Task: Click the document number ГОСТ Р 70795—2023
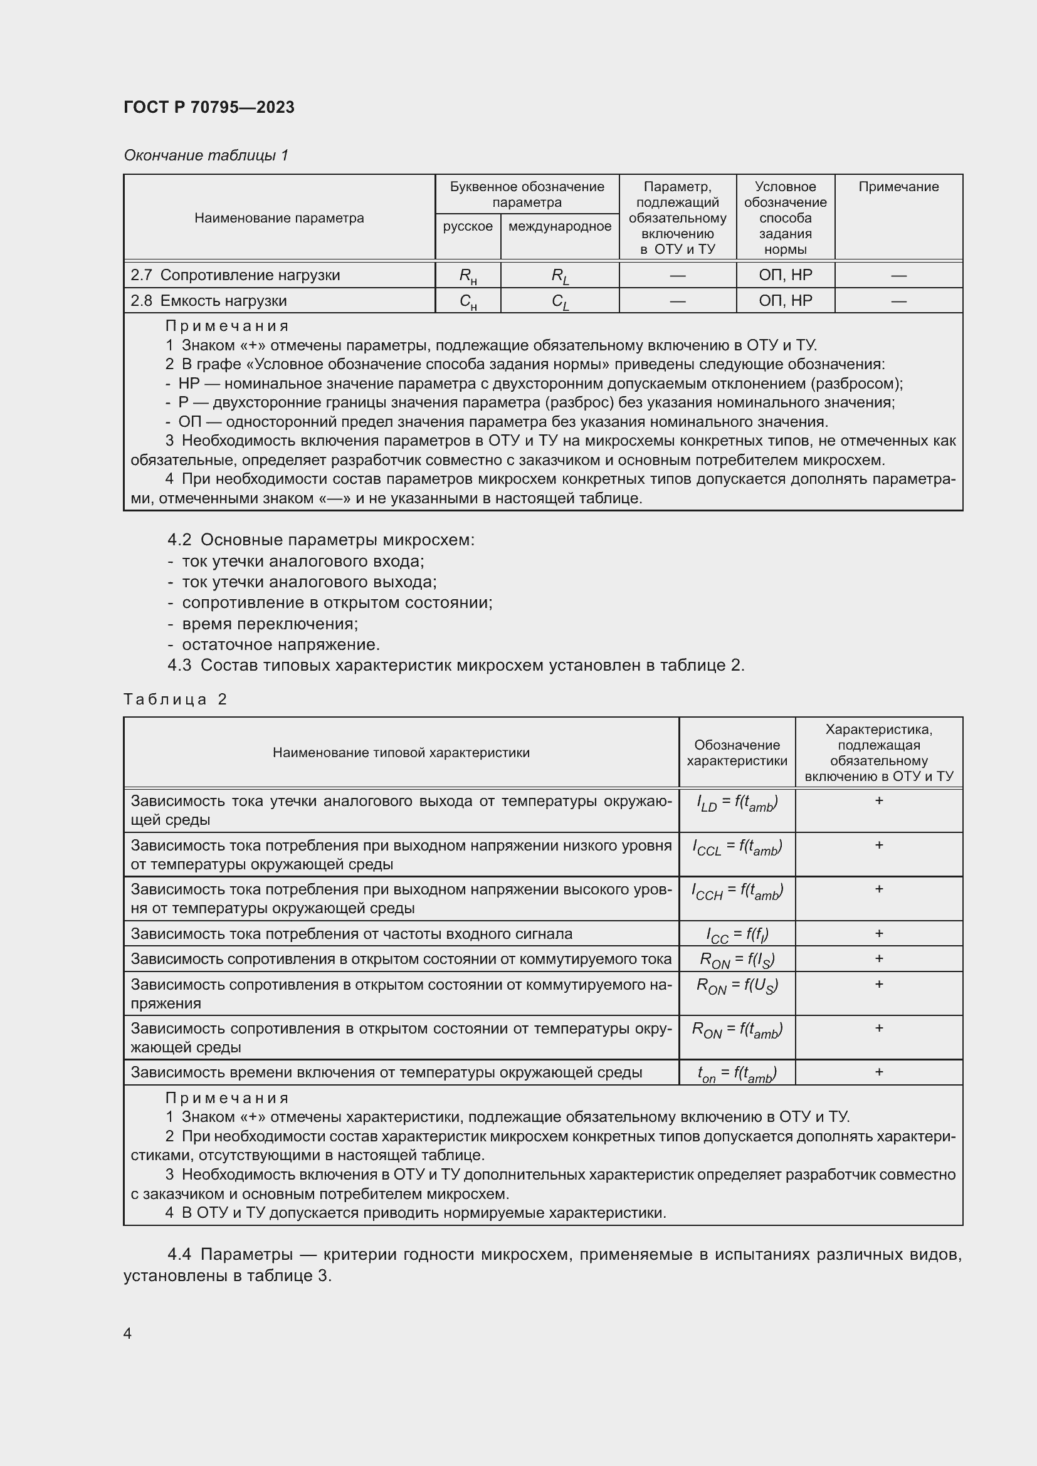point(209,107)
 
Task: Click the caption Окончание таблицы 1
point(206,155)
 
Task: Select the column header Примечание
point(898,186)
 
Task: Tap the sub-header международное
point(559,226)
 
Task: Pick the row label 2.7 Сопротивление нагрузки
point(235,275)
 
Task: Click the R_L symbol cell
point(559,276)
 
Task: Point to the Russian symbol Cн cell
point(468,301)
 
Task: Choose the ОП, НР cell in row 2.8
point(785,301)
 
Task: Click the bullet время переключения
point(270,623)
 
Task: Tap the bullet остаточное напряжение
point(280,644)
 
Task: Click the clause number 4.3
point(179,666)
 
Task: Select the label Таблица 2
point(175,699)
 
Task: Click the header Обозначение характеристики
point(736,753)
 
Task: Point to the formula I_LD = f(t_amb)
point(736,803)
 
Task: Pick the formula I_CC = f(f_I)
point(736,935)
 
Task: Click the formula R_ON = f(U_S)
point(736,986)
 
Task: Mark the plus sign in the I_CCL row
point(878,846)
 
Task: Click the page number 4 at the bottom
point(127,1333)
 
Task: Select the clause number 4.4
point(179,1255)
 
